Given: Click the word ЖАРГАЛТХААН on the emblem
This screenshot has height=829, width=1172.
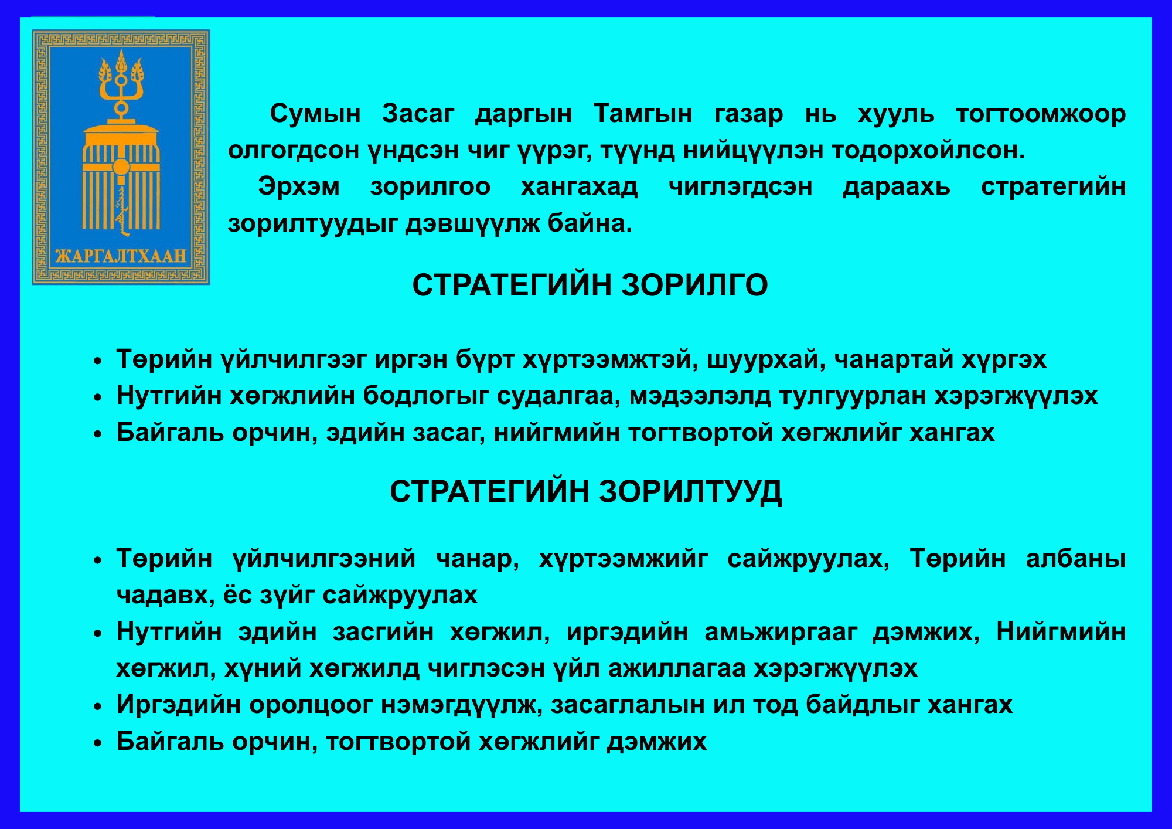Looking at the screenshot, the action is coord(121,256).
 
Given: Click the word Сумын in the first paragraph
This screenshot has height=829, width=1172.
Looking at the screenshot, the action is coord(315,114).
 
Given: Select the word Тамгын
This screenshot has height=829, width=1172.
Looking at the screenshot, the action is coord(643,114).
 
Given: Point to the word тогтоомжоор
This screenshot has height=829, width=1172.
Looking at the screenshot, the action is coord(1041,114).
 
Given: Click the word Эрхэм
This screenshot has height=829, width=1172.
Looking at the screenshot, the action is coord(299,186).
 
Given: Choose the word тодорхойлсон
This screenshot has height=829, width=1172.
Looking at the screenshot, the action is coord(928,151).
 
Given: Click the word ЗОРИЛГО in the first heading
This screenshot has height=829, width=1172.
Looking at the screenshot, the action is coord(694,286).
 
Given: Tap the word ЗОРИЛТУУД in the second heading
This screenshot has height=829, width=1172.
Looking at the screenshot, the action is coord(690,491).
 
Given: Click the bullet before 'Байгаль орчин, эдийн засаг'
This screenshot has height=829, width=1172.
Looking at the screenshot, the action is coord(98,434).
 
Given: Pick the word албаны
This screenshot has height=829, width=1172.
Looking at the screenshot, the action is coord(1076,559).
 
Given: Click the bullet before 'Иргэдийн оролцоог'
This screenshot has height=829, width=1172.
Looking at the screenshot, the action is coord(98,706).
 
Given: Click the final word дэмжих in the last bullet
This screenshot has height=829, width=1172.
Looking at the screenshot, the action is coord(656,742).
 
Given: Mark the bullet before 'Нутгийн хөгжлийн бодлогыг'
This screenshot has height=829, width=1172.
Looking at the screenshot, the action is coord(98,397).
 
